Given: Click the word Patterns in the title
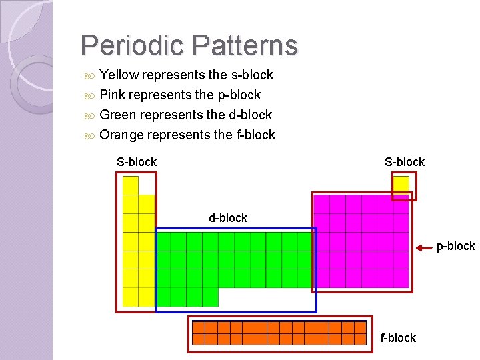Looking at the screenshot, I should (x=244, y=46).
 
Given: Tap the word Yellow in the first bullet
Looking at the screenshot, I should (x=119, y=75).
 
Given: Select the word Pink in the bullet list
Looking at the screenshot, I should (x=113, y=95).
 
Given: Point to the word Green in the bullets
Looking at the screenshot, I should (x=118, y=115).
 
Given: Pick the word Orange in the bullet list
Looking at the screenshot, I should (x=121, y=135).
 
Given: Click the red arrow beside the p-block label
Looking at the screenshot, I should (x=425, y=249).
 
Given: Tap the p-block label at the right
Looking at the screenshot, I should (x=456, y=247).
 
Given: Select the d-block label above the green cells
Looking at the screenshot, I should (x=228, y=218).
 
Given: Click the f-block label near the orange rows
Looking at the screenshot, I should (x=398, y=338).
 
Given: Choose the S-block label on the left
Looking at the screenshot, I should (x=137, y=162).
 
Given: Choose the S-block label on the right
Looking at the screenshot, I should (x=405, y=162).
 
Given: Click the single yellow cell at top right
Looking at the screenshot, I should (x=401, y=185).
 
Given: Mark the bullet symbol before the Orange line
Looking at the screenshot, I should (x=91, y=135).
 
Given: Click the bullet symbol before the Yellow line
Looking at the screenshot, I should (x=91, y=75).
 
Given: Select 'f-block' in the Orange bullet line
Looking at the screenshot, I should (x=255, y=135).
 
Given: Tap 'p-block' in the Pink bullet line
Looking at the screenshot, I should (x=239, y=95).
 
